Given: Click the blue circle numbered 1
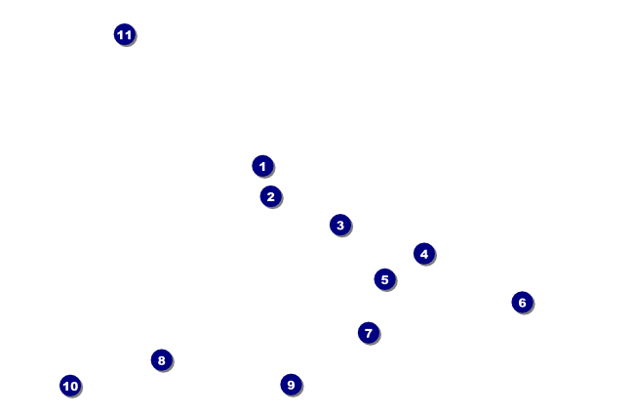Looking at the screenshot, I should point(262,166).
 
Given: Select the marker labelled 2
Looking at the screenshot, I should point(271,196).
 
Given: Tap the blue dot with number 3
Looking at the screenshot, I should point(339,226).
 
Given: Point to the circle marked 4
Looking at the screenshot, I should point(423,254).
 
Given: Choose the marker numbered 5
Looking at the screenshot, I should point(384,279).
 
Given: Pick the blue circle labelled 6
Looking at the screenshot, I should point(522,303).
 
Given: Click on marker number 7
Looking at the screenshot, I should point(368,333).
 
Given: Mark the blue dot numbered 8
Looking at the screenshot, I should point(161,360).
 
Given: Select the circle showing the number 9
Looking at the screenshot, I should point(291,385).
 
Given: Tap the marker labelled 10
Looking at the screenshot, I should point(70,386).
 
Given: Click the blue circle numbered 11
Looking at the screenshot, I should point(124,35).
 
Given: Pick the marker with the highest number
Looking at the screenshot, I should point(124,35).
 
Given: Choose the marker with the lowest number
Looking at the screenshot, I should point(262,166).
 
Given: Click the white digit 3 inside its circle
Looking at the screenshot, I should point(339,226).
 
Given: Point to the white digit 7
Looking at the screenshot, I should point(368,333).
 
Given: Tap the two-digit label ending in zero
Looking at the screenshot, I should point(70,386).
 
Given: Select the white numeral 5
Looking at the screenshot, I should point(384,279).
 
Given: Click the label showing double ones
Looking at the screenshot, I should point(124,35).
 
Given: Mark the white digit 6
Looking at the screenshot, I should point(522,303).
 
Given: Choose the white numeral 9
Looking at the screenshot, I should point(291,385).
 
